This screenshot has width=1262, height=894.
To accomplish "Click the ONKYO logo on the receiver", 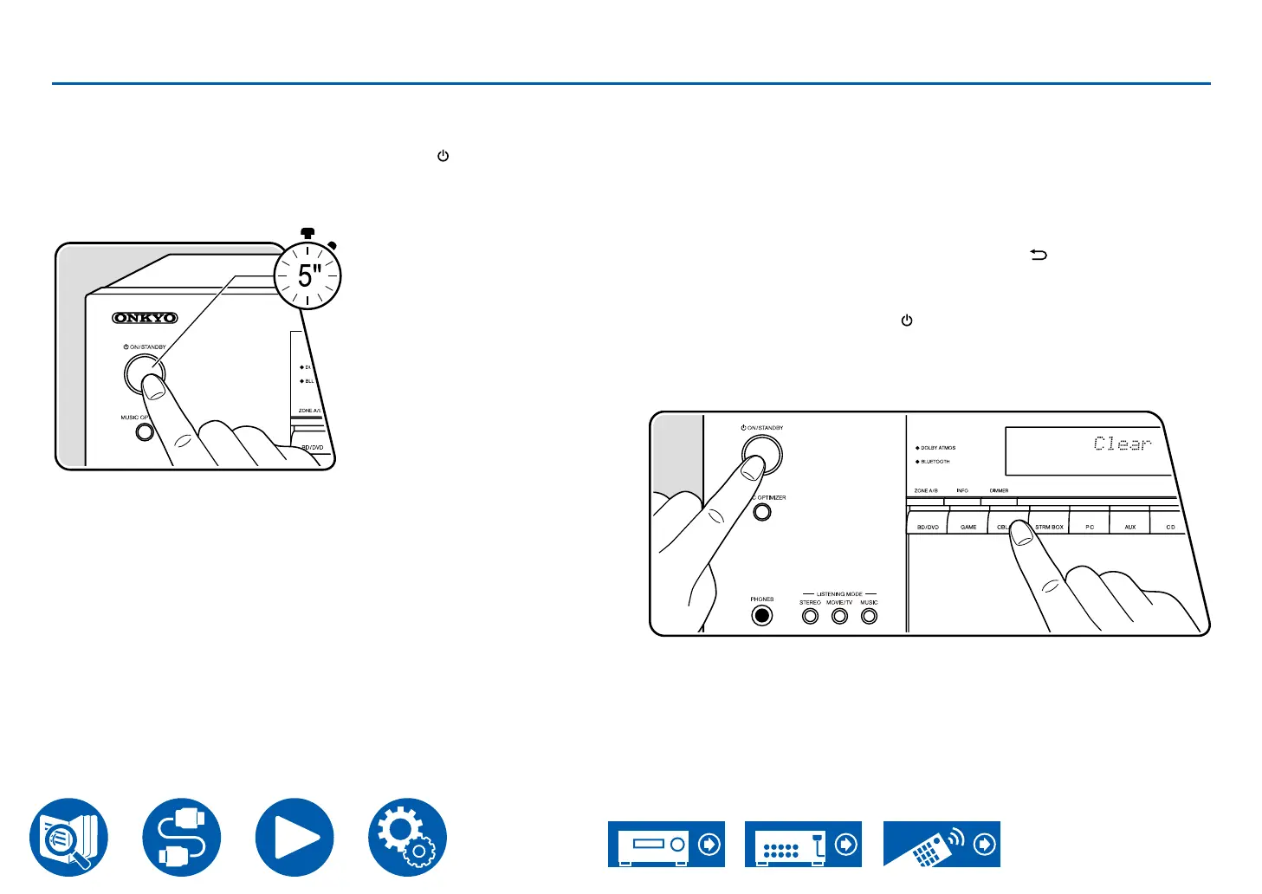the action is [x=145, y=318].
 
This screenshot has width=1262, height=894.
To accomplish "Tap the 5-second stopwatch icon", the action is [x=307, y=275].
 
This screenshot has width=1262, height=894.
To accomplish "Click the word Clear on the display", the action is [x=1123, y=444].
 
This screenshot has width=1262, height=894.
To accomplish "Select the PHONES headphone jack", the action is [x=761, y=616].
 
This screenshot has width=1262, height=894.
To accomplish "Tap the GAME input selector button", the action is [x=968, y=527].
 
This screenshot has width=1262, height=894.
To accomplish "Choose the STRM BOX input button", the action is [x=1049, y=527].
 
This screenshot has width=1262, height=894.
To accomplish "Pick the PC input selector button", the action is [x=1090, y=527].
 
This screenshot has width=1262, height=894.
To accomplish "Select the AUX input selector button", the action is [x=1129, y=527].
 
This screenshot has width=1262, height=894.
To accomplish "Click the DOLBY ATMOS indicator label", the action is [x=937, y=448].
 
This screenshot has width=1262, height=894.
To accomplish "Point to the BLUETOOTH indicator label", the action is [x=935, y=462].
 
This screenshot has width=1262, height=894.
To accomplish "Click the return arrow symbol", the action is [x=1039, y=255].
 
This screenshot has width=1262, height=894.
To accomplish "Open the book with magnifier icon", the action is [x=69, y=838].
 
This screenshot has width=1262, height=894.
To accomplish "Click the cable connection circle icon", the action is [x=182, y=838].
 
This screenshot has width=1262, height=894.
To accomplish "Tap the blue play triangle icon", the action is [x=294, y=838].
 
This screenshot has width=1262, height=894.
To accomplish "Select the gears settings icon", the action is [x=407, y=838].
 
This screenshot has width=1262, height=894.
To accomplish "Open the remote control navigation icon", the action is [x=942, y=844].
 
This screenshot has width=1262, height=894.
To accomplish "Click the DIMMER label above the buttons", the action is [x=999, y=491].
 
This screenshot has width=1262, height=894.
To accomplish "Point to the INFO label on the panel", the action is [x=962, y=491].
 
